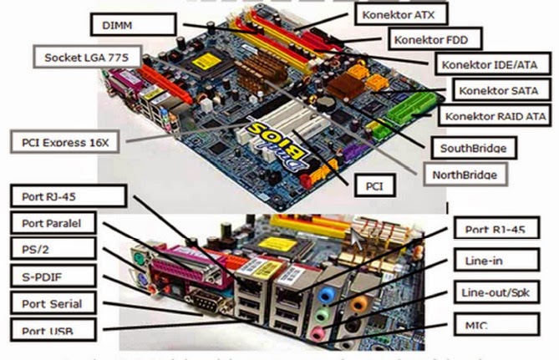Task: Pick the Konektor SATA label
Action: point(495,89)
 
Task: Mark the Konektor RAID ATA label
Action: point(496,116)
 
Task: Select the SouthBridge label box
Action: point(471,149)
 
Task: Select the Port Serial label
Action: point(52,302)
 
